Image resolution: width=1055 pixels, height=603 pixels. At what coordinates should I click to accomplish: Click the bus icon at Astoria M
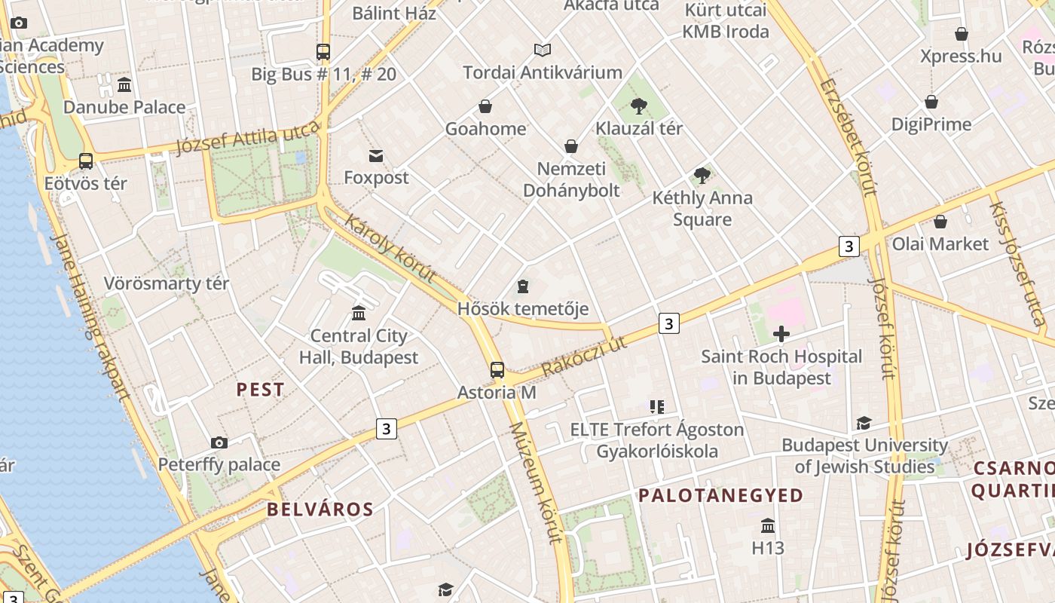(x=497, y=369)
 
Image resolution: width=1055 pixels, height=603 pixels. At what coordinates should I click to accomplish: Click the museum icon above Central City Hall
(x=359, y=313)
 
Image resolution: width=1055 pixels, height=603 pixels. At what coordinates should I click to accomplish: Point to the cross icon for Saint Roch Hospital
(x=781, y=333)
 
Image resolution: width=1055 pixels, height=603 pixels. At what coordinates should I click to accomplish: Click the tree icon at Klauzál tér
(x=639, y=106)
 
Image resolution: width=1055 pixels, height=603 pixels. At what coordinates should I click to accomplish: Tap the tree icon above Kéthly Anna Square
(x=702, y=176)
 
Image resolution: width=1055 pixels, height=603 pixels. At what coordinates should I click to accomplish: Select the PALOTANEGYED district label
(x=721, y=495)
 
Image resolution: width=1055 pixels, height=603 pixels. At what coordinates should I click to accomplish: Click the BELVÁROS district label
(x=320, y=510)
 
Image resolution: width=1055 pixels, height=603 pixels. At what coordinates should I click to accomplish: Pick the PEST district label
(x=260, y=390)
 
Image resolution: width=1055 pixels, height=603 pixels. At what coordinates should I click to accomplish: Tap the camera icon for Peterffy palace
(x=219, y=442)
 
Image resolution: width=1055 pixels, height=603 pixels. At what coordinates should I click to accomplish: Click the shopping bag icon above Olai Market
(x=940, y=222)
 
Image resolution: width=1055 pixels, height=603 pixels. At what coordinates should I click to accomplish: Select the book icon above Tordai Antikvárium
(x=543, y=51)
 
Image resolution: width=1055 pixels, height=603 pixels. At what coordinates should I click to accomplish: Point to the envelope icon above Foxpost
(x=376, y=156)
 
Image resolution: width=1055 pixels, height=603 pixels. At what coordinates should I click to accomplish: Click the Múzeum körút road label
(x=536, y=482)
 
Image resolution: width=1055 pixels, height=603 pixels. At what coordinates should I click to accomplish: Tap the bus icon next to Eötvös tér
(x=86, y=161)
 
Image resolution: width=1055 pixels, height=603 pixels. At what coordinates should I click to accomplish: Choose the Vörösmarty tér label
(x=167, y=284)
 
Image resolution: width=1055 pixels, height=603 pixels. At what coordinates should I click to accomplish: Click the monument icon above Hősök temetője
(x=523, y=286)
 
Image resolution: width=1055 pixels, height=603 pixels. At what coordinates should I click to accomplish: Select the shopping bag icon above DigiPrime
(x=931, y=102)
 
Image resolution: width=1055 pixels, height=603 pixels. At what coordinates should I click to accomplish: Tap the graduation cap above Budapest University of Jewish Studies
(x=864, y=424)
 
